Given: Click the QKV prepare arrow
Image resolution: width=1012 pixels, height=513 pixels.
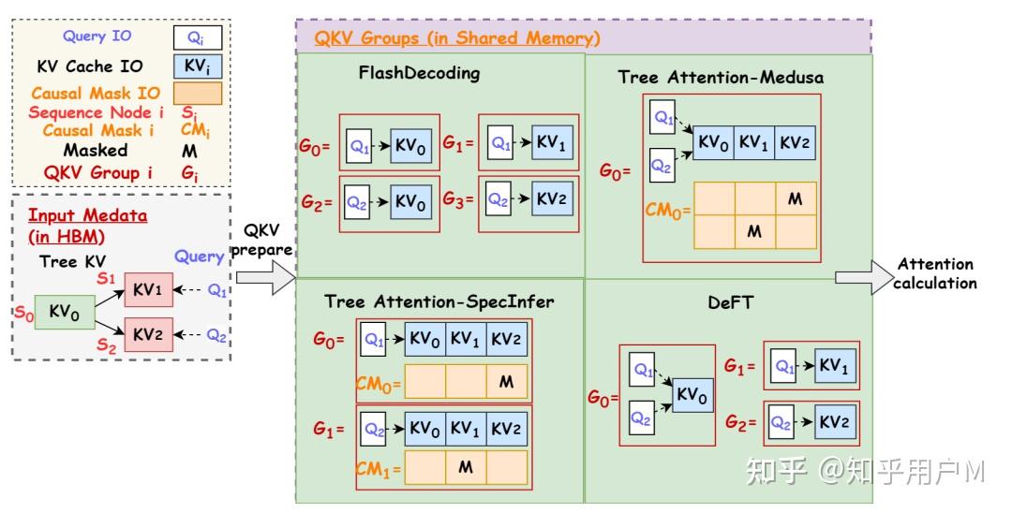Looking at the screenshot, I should pyautogui.click(x=264, y=277).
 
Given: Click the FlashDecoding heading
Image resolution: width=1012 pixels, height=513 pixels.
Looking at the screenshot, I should pyautogui.click(x=419, y=73).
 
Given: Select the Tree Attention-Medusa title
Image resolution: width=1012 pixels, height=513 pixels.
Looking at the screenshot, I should pyautogui.click(x=721, y=77).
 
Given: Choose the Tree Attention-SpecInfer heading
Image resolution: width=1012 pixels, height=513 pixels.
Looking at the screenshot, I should pyautogui.click(x=439, y=301).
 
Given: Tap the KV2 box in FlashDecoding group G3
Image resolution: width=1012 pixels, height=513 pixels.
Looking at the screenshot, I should pyautogui.click(x=550, y=199).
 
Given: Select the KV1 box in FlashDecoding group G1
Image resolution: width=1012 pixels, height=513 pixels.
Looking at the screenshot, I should pyautogui.click(x=550, y=144).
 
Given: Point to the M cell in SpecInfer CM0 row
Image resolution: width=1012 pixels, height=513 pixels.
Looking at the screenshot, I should pyautogui.click(x=506, y=382).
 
